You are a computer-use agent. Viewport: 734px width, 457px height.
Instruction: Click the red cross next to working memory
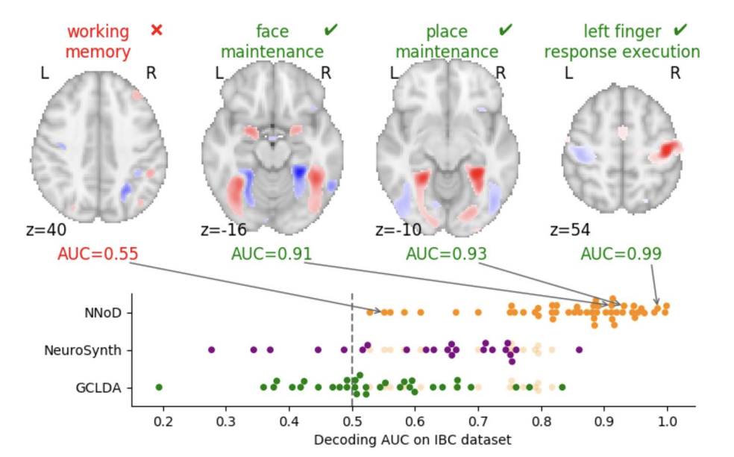point(156,31)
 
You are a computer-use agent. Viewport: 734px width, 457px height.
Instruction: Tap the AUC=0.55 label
point(98,254)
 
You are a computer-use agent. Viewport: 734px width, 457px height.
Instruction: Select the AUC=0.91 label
point(272,254)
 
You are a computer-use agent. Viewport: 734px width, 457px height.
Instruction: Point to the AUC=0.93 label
point(446,254)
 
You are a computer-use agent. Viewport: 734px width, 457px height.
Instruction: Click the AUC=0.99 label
point(621,254)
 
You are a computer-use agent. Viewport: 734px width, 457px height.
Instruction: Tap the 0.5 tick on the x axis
point(352,421)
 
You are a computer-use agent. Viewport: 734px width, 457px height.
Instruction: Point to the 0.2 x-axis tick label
point(163,421)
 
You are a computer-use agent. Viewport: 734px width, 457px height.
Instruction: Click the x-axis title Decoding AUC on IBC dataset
point(413,440)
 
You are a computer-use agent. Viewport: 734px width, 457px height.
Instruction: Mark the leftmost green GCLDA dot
point(158,387)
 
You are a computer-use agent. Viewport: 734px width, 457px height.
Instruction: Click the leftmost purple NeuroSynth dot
point(211,349)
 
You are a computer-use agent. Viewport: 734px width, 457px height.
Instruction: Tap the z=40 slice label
point(42,229)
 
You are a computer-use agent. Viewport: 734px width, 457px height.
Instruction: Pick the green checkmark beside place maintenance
point(506,30)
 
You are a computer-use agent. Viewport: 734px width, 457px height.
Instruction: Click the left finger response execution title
point(622,42)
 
